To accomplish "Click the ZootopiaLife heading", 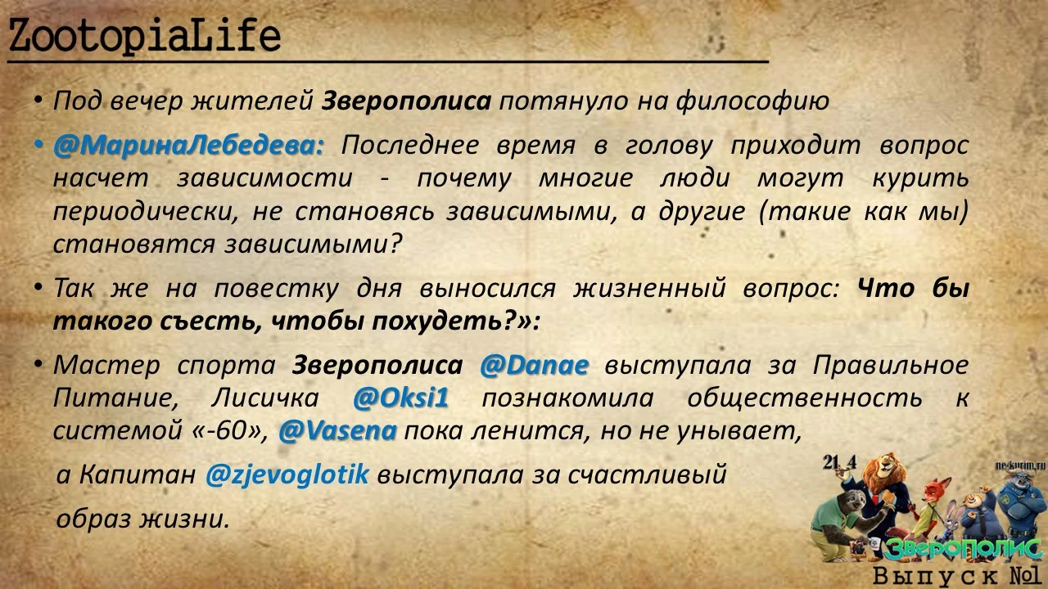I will tap(144, 37).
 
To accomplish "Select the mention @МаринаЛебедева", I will tap(188, 146).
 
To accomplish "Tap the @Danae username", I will tap(534, 365).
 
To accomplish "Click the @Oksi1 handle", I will tap(401, 398).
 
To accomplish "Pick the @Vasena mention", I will tap(337, 431).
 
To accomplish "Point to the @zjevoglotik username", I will tap(287, 474).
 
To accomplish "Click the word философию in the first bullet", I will tap(752, 101).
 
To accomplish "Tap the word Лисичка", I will tap(262, 398).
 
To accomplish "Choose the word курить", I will tap(922, 178).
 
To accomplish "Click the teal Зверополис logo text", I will tap(962, 547).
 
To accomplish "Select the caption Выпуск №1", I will tap(955, 575).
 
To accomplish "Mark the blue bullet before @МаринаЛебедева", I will tap(38, 146).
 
